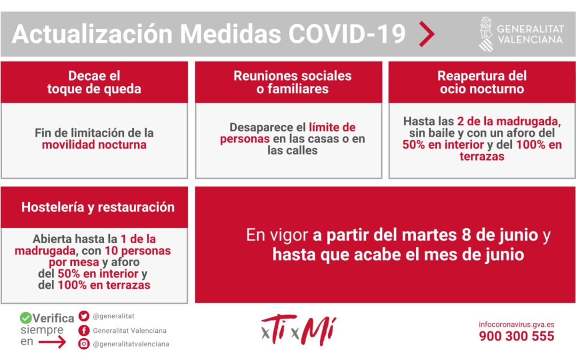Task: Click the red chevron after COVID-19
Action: (427, 35)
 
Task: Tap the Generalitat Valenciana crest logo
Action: (485, 34)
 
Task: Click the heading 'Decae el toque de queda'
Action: (94, 82)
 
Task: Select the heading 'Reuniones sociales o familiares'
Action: (292, 82)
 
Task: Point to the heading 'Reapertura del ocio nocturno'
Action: (482, 82)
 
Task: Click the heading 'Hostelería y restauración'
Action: (98, 207)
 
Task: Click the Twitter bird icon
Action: (84, 316)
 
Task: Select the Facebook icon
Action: (84, 330)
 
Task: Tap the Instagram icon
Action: (84, 344)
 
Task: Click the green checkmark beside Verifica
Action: (26, 318)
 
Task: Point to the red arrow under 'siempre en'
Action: (52, 342)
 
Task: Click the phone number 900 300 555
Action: (516, 337)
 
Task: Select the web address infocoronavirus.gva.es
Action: (516, 324)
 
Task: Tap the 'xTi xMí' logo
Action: (298, 331)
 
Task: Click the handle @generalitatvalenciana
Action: (131, 344)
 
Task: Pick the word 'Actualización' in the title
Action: (92, 35)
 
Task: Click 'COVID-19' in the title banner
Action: (347, 35)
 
